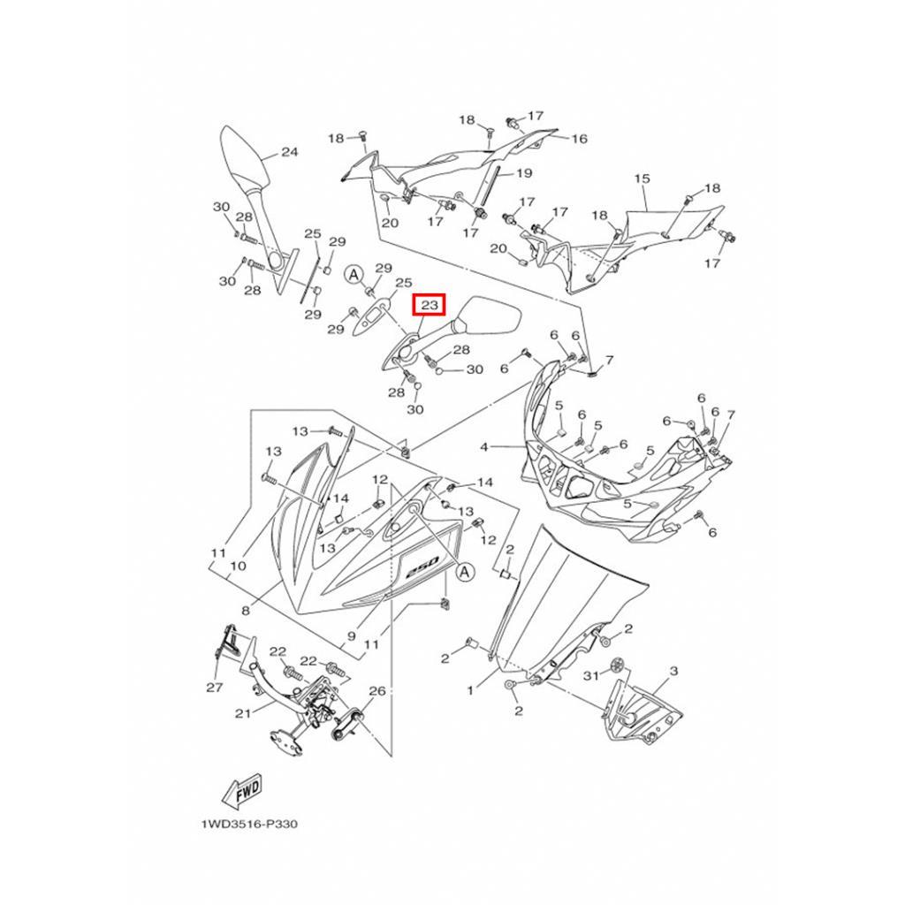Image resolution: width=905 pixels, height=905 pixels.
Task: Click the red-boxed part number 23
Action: click(430, 306)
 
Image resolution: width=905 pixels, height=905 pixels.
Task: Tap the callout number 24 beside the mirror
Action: click(289, 152)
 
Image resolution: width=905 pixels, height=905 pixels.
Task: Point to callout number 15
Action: click(642, 179)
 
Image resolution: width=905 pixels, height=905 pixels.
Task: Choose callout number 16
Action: click(579, 139)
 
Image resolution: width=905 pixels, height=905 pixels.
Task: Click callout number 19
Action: click(523, 173)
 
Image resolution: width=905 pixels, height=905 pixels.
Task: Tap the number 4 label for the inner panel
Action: click(484, 448)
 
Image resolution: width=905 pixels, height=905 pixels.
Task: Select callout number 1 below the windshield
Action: click(470, 690)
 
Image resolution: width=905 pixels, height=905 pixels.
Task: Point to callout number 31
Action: click(592, 675)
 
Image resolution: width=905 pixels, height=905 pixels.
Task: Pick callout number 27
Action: click(214, 687)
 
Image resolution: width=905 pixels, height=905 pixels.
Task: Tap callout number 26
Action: click(377, 691)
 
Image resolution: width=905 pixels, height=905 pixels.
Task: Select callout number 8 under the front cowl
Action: click(245, 610)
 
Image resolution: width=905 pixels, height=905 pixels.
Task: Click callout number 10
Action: click(238, 566)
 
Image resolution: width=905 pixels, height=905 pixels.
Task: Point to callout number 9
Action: click(351, 635)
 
